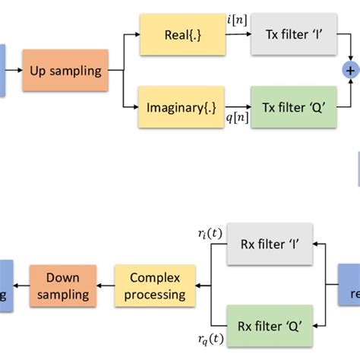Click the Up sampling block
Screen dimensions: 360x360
[65, 71]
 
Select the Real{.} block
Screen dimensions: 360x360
[182, 34]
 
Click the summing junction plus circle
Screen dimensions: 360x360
[350, 71]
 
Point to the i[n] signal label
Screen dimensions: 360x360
[237, 21]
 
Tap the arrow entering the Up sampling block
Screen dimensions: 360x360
[15, 71]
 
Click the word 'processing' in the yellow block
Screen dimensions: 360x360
[154, 294]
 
